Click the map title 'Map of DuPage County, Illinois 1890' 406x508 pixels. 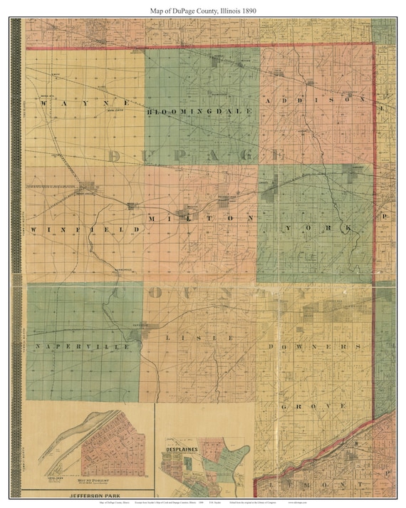(203, 11)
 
